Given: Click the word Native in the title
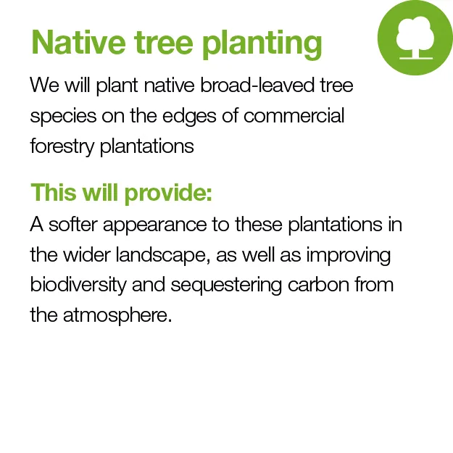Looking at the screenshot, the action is pyautogui.click(x=78, y=42).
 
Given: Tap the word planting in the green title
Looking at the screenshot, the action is pyautogui.click(x=262, y=45).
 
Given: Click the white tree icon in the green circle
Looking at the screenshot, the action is pyautogui.click(x=415, y=36).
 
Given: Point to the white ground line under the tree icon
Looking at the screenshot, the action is pyautogui.click(x=416, y=58).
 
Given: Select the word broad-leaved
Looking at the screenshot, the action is pyautogui.click(x=257, y=86).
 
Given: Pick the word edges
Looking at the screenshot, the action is pyautogui.click(x=189, y=117).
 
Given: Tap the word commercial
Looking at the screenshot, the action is pyautogui.click(x=294, y=115).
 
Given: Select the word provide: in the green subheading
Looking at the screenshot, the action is pyautogui.click(x=168, y=194).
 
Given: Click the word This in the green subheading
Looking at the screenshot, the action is pyautogui.click(x=54, y=192).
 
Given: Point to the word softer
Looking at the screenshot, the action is pyautogui.click(x=72, y=224).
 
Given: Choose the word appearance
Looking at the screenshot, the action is pyautogui.click(x=155, y=225).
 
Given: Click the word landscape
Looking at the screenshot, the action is pyautogui.click(x=163, y=255).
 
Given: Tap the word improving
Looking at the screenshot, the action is pyautogui.click(x=349, y=257).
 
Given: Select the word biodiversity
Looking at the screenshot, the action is pyautogui.click(x=78, y=286).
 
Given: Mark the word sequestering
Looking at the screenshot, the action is pyautogui.click(x=226, y=286).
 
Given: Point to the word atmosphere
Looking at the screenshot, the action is pyautogui.click(x=117, y=316).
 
